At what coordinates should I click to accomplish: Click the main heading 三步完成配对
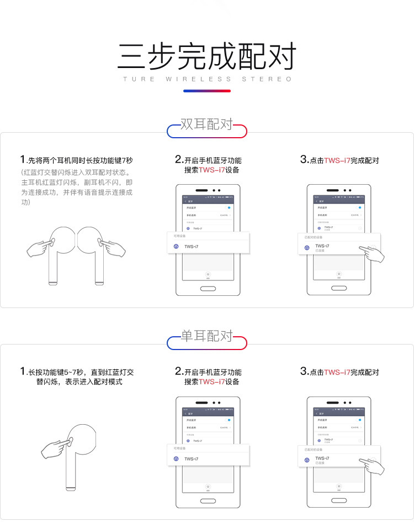207,56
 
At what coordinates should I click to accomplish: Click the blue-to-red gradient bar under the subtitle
207,91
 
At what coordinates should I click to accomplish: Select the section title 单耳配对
207,336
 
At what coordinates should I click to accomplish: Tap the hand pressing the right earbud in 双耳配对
113,247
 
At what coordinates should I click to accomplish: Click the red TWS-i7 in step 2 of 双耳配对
211,170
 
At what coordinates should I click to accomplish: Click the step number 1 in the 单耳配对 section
23,372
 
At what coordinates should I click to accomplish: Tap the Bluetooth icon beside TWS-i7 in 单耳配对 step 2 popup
176,458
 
